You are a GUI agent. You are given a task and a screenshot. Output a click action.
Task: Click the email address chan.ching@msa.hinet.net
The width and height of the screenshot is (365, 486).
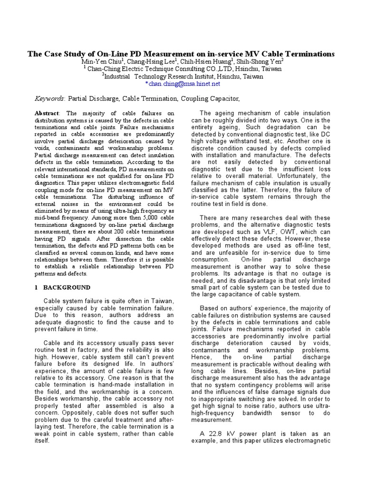click(183, 84)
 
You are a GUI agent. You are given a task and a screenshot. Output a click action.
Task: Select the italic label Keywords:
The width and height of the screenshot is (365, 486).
click(50, 98)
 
